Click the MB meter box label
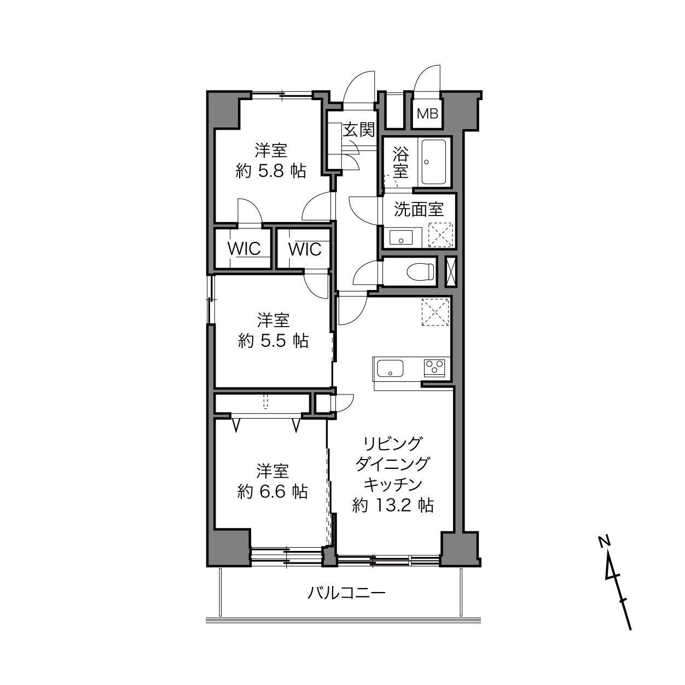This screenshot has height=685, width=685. pyautogui.click(x=427, y=114)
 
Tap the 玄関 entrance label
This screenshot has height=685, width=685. pyautogui.click(x=359, y=130)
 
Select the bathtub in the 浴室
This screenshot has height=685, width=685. pyautogui.click(x=434, y=162)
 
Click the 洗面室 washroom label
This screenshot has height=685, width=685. pyautogui.click(x=419, y=210)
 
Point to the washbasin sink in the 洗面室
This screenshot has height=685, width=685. pyautogui.click(x=401, y=237)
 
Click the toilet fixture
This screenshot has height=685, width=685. pyautogui.click(x=421, y=272)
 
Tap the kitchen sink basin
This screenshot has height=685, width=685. pyautogui.click(x=390, y=368)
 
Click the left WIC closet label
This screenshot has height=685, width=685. pyautogui.click(x=244, y=249)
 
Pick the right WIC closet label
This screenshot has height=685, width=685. pyautogui.click(x=305, y=249)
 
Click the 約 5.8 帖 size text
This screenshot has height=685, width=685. pyautogui.click(x=270, y=172)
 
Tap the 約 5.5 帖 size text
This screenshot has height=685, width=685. pyautogui.click(x=273, y=341)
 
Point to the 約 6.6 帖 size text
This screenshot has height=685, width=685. pyautogui.click(x=272, y=492)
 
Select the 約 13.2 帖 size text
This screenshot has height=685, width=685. pyautogui.click(x=393, y=505)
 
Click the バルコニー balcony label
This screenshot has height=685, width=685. pyautogui.click(x=346, y=593)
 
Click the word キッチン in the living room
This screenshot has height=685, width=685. pyautogui.click(x=393, y=484)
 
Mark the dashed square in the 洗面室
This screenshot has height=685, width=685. pyautogui.click(x=440, y=235)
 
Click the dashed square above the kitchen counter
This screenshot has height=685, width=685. pyautogui.click(x=435, y=312)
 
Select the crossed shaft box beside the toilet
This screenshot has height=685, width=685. pyautogui.click(x=450, y=271)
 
